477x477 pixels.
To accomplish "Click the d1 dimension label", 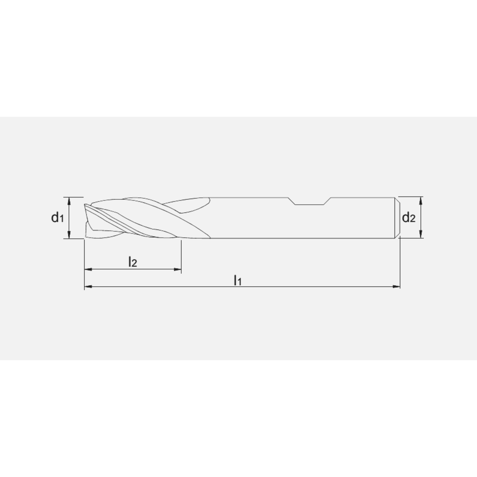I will click(x=57, y=218).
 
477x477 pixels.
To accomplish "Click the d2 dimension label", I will click(x=409, y=218).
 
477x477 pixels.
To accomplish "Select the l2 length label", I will click(x=133, y=261).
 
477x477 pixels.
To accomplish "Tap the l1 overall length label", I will click(x=238, y=280).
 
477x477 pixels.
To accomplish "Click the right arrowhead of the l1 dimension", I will click(x=397, y=287).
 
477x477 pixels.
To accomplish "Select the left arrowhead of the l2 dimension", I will click(x=87, y=270).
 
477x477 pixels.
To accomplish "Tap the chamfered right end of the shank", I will click(x=397, y=218).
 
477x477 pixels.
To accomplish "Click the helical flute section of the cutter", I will click(x=143, y=219).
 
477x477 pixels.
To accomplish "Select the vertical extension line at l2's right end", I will click(x=181, y=255).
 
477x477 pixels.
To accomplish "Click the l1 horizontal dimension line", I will click(x=286, y=287).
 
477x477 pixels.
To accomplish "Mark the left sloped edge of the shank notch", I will click(x=292, y=200).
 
